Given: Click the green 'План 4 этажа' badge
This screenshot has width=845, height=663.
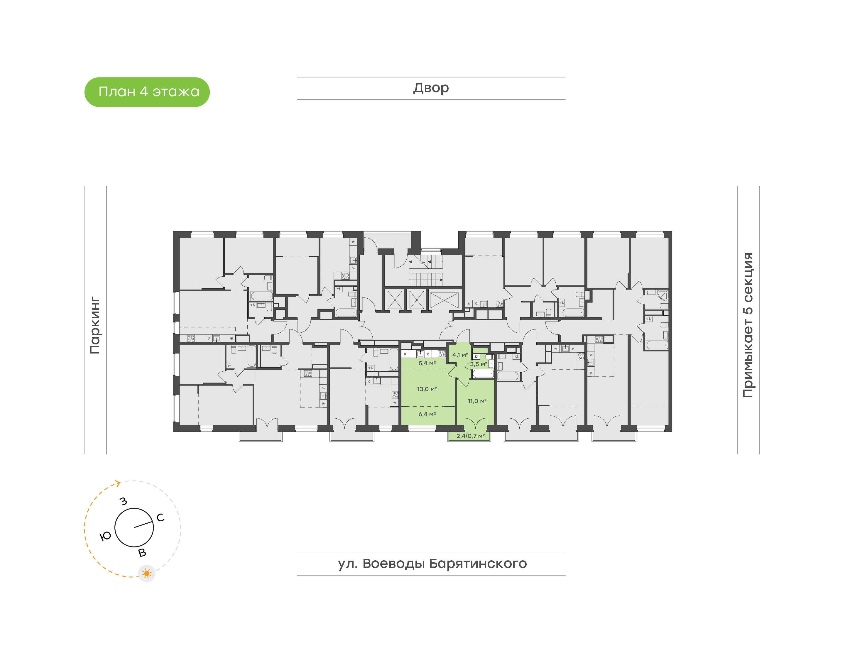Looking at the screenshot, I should click(147, 92).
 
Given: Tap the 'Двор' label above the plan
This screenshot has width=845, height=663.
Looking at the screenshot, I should click(431, 88).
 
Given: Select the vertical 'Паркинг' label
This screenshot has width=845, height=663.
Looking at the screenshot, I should click(95, 325).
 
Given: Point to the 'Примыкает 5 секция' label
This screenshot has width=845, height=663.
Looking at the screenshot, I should click(748, 325).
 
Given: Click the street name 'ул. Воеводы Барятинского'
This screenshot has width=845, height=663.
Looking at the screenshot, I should click(432, 563).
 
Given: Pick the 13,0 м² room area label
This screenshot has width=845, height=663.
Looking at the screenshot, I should click(427, 389).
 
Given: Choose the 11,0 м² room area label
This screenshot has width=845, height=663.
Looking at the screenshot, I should click(477, 401).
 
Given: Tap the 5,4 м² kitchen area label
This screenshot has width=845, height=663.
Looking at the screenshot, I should click(427, 363).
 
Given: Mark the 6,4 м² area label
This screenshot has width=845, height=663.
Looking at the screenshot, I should click(427, 414).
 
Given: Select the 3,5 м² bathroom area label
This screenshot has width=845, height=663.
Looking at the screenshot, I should click(478, 364).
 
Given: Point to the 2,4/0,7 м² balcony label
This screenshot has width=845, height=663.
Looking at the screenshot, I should click(470, 436).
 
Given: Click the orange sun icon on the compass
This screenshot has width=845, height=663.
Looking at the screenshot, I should click(147, 573).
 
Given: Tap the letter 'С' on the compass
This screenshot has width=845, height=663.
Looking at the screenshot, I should click(160, 517).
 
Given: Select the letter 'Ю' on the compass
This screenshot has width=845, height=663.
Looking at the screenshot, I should click(106, 537).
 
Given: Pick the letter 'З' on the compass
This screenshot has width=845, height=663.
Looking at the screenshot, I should click(124, 501).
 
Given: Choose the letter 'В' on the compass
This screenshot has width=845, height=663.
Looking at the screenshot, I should click(142, 553).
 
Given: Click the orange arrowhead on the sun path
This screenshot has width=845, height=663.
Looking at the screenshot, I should click(118, 483).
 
